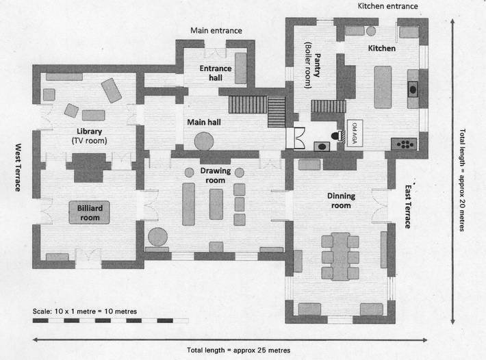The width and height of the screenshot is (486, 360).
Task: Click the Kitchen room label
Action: pos(381,49)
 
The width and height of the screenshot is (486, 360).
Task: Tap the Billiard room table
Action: pos(90,212)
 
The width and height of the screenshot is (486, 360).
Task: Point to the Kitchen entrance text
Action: pos(387,6)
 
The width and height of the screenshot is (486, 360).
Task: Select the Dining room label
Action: pos(341,200)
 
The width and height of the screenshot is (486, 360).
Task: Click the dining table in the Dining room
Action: pos(340,257)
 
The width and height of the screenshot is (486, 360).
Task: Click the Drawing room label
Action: pos(216,175)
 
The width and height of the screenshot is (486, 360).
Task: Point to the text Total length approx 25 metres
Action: pos(238,350)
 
